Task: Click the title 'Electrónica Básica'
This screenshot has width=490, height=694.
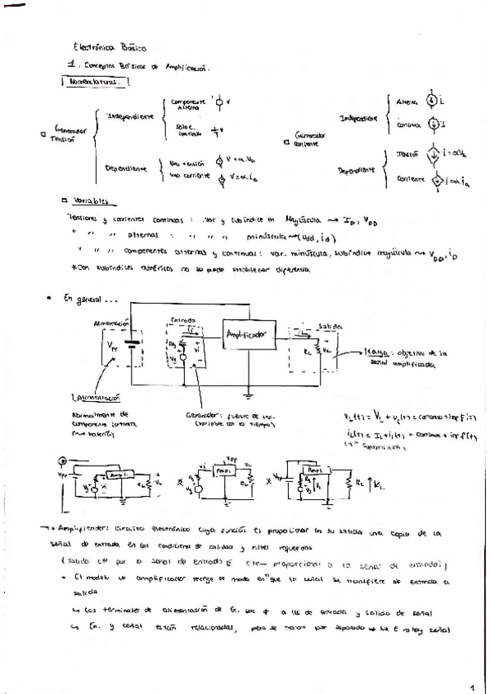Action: click(x=110, y=48)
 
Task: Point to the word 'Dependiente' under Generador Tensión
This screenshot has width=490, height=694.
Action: click(x=125, y=169)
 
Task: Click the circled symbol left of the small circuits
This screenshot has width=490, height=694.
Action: click(x=65, y=462)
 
